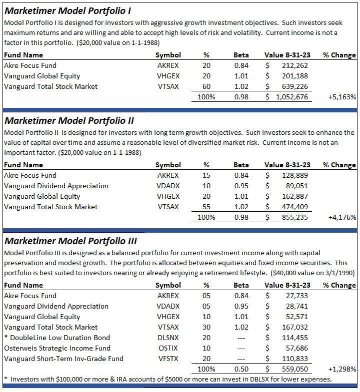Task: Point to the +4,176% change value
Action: [342, 217]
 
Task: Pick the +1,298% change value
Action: [342, 369]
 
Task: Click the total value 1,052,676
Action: [291, 97]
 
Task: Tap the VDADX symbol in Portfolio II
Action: [167, 186]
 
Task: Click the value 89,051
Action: [295, 186]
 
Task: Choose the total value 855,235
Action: [293, 217]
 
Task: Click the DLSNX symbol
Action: [167, 338]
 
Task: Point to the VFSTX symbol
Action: [167, 359]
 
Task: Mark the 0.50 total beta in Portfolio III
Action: [241, 369]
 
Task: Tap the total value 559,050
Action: [293, 369]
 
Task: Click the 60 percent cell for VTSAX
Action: [206, 86]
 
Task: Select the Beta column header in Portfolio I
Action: [241, 55]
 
